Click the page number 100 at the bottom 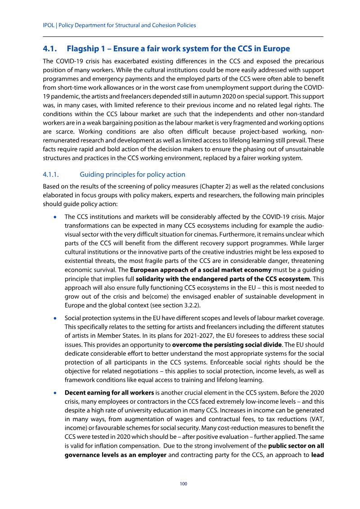183,484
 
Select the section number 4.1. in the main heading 51,49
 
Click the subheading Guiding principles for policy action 132,174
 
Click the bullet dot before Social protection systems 55,317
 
